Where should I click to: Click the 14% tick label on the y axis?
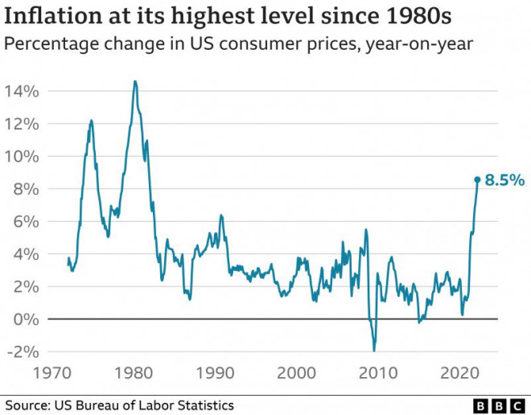(21, 91)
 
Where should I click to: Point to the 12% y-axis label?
(21, 124)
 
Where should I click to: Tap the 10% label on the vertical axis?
(21, 156)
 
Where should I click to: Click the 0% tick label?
(26, 319)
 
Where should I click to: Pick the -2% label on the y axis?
(23, 351)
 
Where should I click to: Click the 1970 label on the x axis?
(51, 373)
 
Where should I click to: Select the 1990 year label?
(215, 373)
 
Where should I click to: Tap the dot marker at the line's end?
(477, 180)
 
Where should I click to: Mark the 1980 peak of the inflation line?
(134, 81)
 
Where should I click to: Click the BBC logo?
(499, 405)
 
